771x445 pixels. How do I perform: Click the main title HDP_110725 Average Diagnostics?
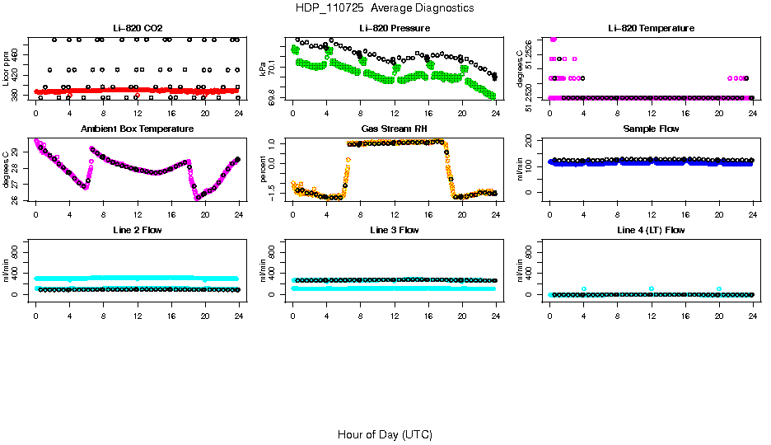click(385, 8)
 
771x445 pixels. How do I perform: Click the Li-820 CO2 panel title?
click(137, 28)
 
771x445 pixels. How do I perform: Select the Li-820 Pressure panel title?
click(394, 28)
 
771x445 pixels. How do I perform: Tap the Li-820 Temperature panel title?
click(651, 28)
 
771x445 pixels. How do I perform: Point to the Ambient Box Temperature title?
click(137, 129)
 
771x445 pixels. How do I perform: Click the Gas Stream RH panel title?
click(394, 129)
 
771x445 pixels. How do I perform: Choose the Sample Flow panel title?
click(651, 129)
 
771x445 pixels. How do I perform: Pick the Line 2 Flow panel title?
click(137, 230)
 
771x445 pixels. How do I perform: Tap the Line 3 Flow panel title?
click(394, 230)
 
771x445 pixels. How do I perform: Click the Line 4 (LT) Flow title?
click(651, 230)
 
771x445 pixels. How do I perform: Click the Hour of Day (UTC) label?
click(385, 434)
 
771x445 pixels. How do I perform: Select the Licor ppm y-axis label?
click(7, 68)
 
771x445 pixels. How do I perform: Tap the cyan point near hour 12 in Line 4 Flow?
click(651, 288)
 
